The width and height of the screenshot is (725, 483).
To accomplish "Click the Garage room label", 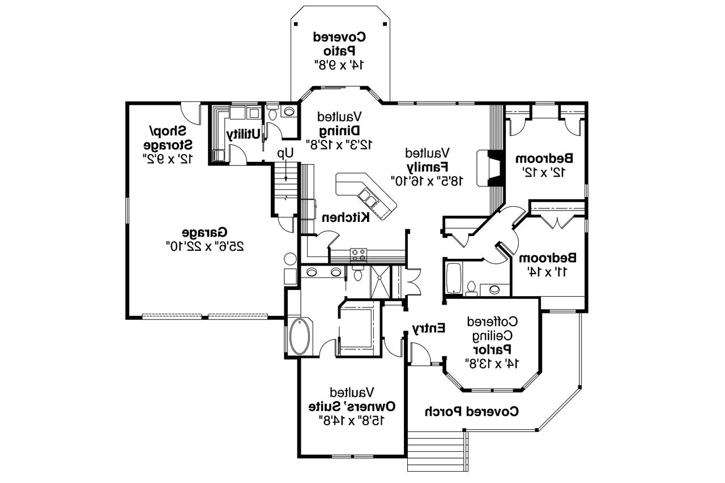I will coord(204,232).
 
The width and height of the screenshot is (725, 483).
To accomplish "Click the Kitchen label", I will coord(346,217).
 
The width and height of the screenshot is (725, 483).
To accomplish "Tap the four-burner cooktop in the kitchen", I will coord(358,254).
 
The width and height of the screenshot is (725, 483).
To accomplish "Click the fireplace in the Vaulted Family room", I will coord(491,168).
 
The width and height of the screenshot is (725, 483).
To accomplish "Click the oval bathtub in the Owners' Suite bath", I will coord(300,336).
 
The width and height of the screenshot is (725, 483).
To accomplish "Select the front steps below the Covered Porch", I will coord(436,450).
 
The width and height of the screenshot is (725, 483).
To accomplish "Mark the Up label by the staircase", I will coord(285,153).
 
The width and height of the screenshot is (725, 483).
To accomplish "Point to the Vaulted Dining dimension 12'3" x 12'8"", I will coord(339,144).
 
